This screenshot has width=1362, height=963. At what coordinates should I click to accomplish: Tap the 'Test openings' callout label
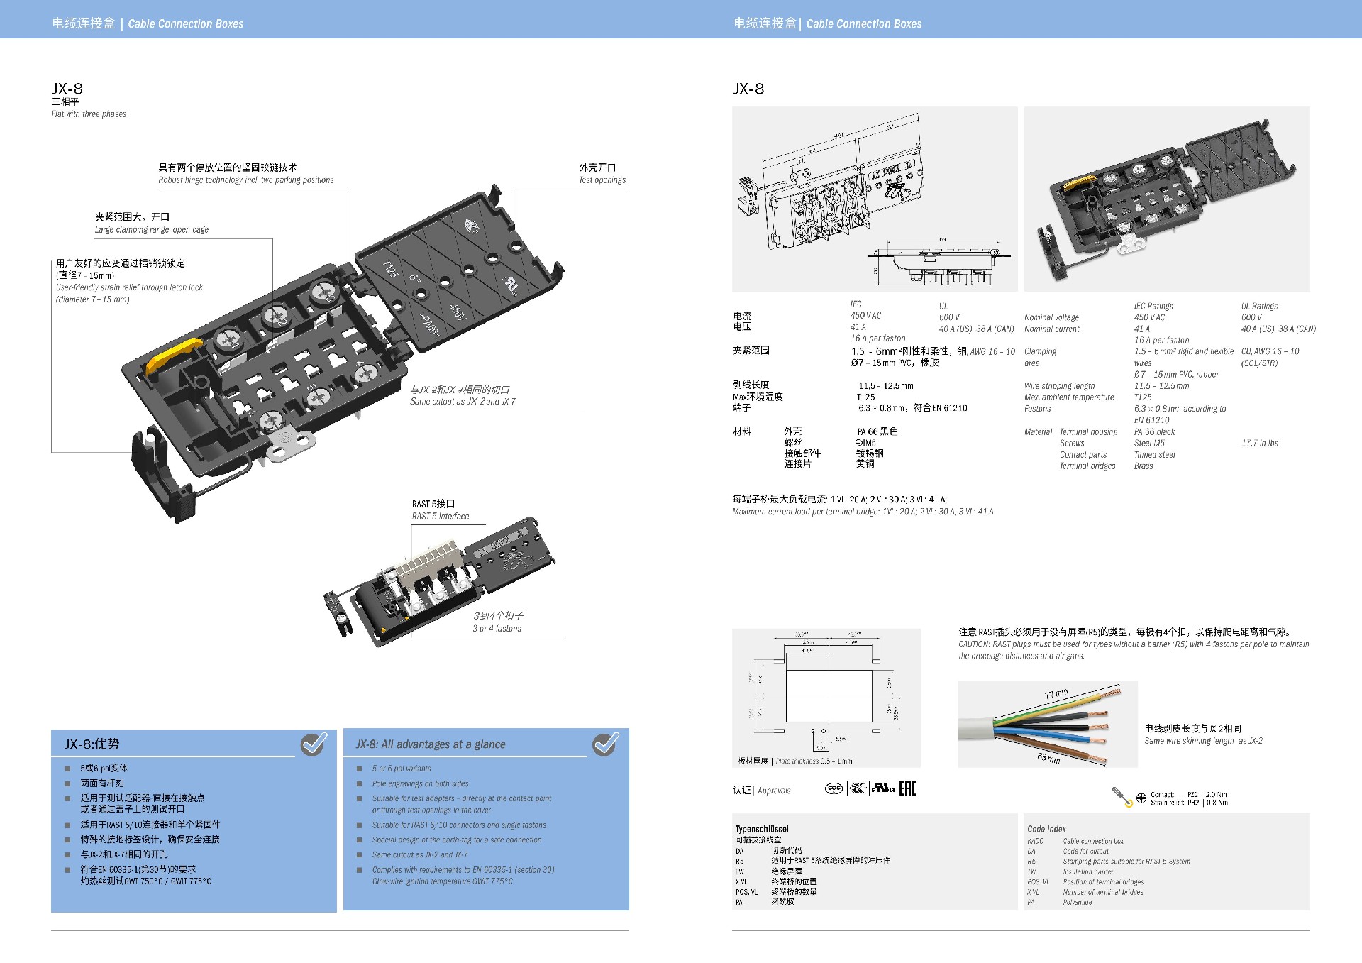602,180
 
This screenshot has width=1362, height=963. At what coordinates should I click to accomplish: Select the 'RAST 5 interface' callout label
441,517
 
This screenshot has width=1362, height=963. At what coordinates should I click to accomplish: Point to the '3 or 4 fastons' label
497,629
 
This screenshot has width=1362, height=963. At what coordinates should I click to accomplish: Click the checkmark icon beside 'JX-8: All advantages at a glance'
605,743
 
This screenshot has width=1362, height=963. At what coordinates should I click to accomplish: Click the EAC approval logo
907,788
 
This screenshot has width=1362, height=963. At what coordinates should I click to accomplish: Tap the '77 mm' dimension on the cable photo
1056,695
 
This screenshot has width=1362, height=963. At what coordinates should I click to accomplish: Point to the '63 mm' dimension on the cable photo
1048,758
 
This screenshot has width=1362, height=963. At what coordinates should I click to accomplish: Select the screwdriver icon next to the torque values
1122,797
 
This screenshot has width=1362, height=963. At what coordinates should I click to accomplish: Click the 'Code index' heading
1046,829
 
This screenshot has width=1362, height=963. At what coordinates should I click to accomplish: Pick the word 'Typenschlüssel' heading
762,829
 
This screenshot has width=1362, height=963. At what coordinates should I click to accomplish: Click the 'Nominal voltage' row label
1051,317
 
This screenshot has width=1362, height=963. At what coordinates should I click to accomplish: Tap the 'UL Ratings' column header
1259,306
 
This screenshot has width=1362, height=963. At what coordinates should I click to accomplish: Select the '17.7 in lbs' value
1259,443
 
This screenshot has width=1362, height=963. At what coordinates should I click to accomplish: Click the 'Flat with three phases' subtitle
89,114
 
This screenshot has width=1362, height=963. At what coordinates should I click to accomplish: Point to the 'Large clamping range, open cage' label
152,230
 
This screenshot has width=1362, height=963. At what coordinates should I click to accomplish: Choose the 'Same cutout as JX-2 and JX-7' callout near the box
463,402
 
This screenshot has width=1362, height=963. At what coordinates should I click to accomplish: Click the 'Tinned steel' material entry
1154,455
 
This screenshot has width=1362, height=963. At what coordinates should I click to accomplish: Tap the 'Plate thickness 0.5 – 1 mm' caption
814,761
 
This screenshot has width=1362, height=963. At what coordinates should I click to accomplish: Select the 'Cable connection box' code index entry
1092,841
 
